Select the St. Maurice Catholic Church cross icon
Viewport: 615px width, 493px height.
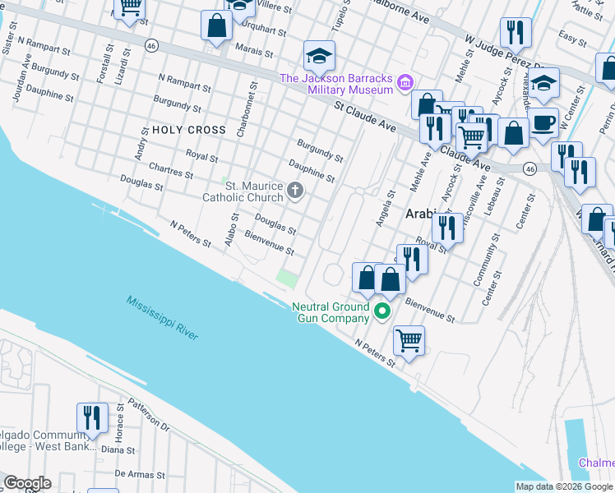click(x=294, y=191)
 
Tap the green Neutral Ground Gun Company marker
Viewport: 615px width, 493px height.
click(x=381, y=311)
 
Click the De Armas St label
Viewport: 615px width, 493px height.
click(x=137, y=474)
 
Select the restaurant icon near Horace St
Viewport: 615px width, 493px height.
click(x=92, y=417)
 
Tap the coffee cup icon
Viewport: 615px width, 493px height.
click(x=543, y=122)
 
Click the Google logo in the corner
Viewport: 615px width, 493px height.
click(x=27, y=483)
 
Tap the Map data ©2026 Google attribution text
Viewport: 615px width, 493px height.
click(x=564, y=486)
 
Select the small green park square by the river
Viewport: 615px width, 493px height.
click(x=287, y=278)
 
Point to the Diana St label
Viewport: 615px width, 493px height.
click(x=118, y=450)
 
